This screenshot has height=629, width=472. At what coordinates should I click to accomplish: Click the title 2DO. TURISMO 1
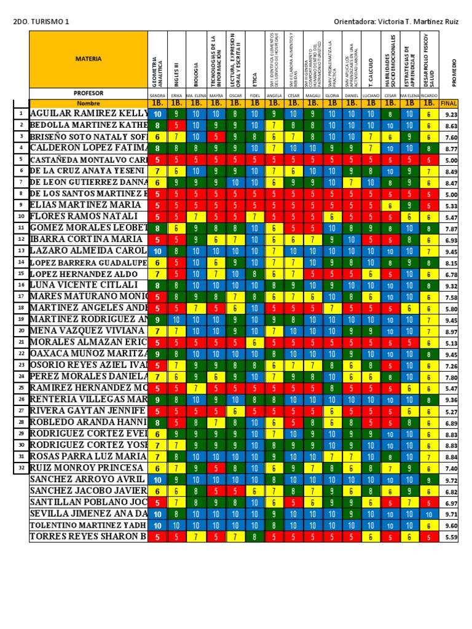[x=41, y=21]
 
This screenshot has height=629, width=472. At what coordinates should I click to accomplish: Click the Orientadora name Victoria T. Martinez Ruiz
[x=396, y=21]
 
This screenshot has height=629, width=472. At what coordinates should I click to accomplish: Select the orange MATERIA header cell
[x=88, y=60]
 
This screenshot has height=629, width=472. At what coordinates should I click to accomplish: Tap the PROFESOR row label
[x=88, y=93]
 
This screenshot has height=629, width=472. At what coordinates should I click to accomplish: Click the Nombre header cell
[x=88, y=103]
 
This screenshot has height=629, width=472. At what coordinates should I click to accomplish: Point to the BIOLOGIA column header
[x=196, y=68]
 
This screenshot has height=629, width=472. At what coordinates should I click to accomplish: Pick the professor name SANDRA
[x=157, y=96]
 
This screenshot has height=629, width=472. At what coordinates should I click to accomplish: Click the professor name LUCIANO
[x=371, y=96]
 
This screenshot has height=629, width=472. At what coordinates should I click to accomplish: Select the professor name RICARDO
[x=429, y=96]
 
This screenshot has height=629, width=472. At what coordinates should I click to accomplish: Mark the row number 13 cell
[x=20, y=251]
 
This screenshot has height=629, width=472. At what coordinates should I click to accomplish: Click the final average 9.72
[x=450, y=480]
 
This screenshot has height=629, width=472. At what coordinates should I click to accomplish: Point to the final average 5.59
[x=450, y=537]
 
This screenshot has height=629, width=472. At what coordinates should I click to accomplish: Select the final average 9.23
[x=450, y=114]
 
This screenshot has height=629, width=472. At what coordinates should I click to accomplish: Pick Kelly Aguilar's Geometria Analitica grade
[x=157, y=114]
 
